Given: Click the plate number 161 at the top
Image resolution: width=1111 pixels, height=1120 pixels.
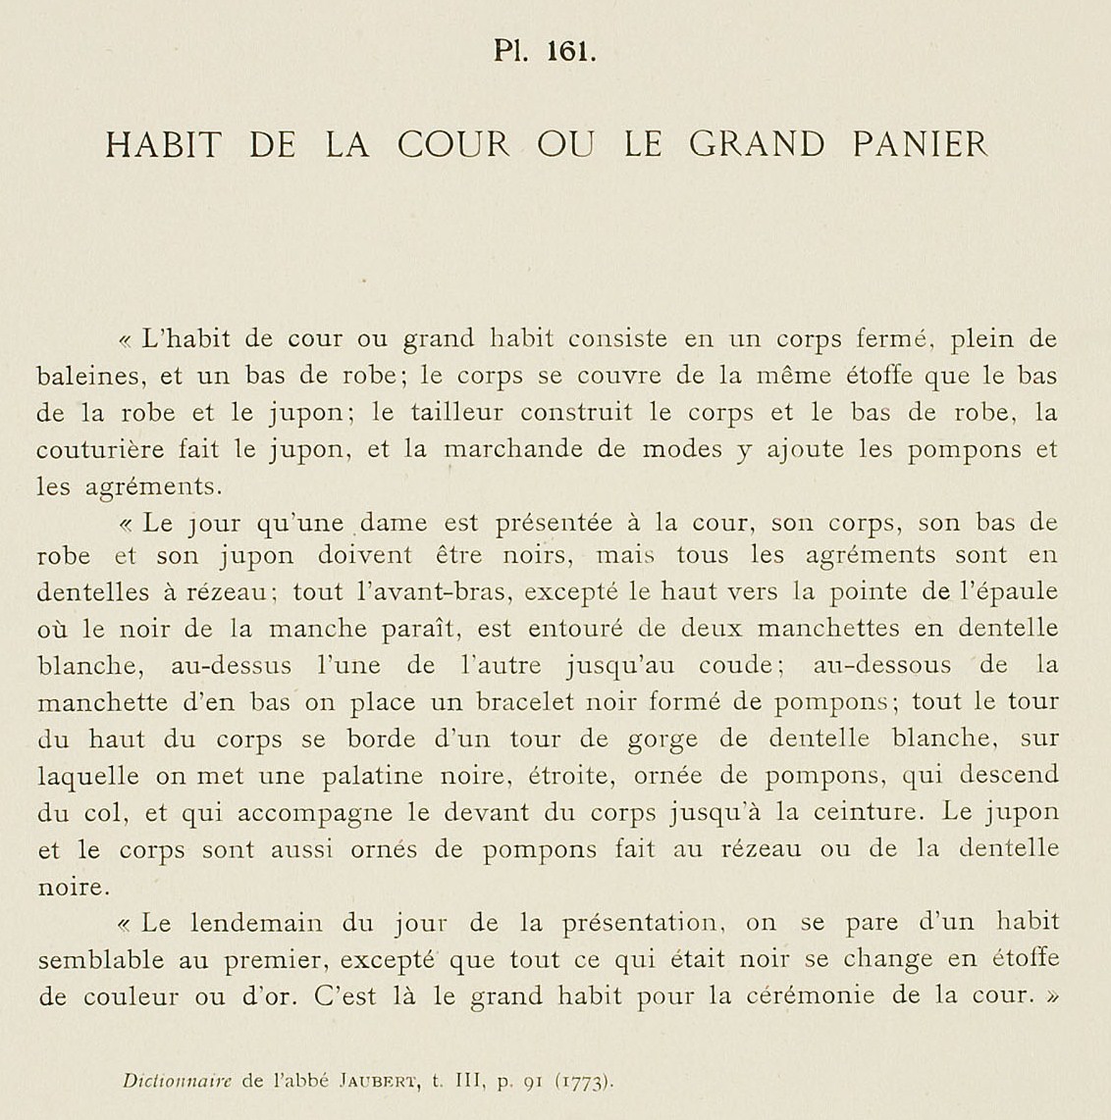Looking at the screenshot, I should (572, 52).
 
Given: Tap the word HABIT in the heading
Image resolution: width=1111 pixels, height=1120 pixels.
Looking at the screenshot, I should (164, 145).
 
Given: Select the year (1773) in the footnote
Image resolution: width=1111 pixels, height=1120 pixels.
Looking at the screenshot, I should (586, 1083).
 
